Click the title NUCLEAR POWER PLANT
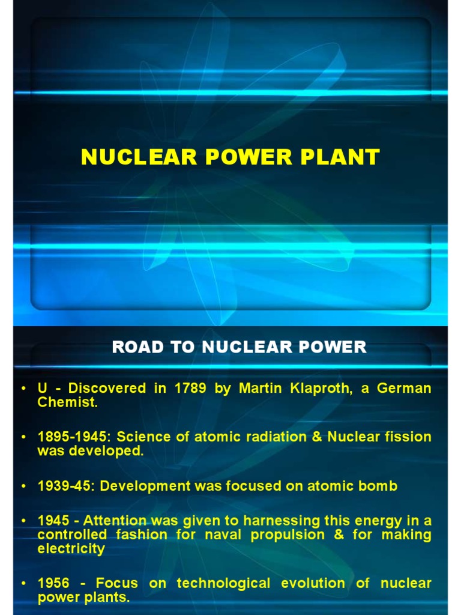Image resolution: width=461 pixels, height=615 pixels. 230,157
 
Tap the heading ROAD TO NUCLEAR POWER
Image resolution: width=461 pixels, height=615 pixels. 239,347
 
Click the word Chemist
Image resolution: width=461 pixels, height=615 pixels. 67,402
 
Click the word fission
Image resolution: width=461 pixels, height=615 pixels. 410,437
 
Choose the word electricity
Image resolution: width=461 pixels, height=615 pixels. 71,548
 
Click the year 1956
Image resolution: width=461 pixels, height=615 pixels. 53,583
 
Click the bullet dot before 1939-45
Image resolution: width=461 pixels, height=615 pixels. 23,486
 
